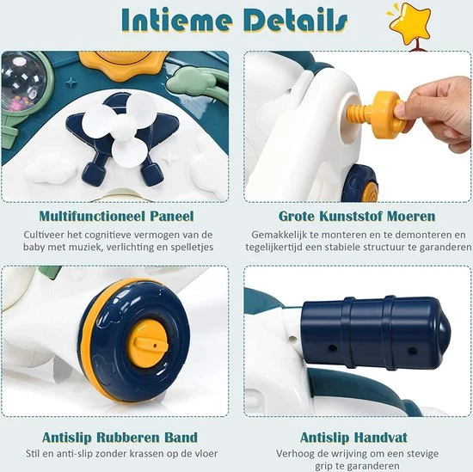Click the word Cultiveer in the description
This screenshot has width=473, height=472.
pos(58,234)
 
